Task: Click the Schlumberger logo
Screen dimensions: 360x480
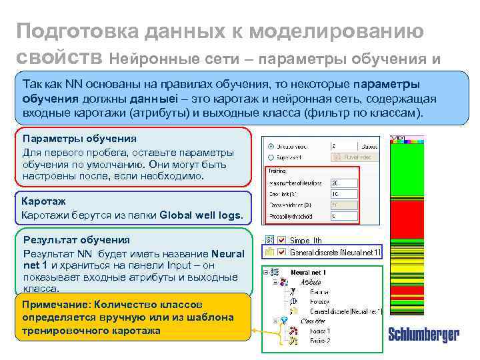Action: (423, 335)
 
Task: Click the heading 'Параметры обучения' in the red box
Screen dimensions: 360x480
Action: (79, 139)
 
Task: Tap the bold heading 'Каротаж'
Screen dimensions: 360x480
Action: (43, 200)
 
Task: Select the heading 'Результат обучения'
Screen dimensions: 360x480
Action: (76, 239)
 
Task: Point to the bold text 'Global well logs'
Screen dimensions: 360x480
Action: (201, 215)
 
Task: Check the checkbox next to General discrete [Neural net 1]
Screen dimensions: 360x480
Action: (283, 252)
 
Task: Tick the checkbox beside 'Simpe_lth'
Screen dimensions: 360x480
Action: (283, 239)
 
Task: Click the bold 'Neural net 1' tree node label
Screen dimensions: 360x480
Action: (308, 273)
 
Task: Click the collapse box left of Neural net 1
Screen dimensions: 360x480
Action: (267, 273)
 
